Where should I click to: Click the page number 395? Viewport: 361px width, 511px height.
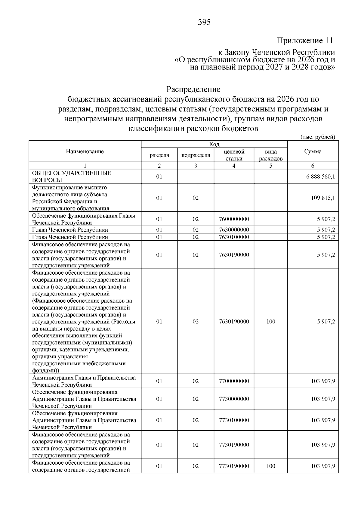tap(204, 23)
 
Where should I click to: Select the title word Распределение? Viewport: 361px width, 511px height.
tap(193, 89)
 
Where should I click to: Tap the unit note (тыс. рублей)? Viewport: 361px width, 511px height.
tap(318, 137)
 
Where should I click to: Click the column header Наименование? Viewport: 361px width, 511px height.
tap(85, 151)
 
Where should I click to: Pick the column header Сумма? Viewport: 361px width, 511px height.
tap(313, 151)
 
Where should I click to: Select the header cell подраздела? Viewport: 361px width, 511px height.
tap(196, 155)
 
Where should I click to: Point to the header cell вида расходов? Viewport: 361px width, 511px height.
tap(271, 155)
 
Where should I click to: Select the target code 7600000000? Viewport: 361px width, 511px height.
tap(234, 219)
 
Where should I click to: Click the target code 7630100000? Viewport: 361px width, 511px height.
tap(234, 237)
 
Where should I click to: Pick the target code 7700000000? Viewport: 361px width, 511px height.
tap(234, 381)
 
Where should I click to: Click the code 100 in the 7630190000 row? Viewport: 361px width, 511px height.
tap(271, 322)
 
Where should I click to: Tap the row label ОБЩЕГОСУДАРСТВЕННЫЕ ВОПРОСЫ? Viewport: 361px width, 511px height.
tap(71, 176)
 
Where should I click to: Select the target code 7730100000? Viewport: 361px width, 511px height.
tap(234, 420)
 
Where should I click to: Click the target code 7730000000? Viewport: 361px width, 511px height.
tap(234, 399)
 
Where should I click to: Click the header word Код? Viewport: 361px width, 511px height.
tap(214, 145)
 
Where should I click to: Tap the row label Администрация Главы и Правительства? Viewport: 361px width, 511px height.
tap(84, 378)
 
